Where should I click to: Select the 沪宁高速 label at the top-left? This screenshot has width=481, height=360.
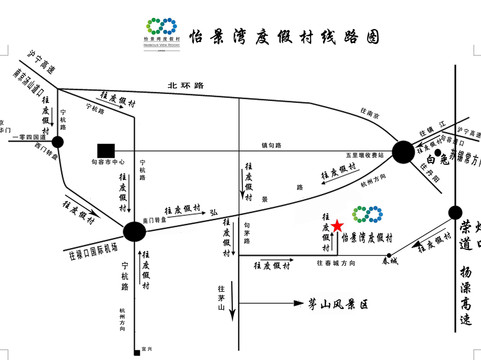point(41,63)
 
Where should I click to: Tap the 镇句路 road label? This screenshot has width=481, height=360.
point(271,146)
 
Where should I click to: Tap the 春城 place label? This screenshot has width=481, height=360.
point(389,260)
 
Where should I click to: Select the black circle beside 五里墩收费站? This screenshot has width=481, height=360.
point(403,152)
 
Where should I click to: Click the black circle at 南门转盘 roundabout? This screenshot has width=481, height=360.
point(134,232)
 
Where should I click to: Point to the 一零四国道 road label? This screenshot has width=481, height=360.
point(27,135)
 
